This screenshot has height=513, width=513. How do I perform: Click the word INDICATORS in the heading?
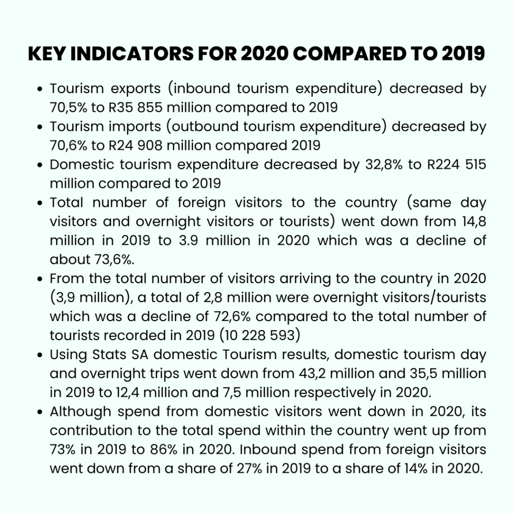point(132,54)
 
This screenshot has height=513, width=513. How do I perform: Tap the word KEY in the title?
point(47,54)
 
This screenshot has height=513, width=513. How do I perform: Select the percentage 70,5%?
point(68,108)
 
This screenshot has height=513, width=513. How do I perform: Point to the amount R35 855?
point(135,108)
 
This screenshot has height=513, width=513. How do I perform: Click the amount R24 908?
point(135,146)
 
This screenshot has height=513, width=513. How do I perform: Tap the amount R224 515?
point(457,164)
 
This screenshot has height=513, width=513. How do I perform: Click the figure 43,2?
point(312,373)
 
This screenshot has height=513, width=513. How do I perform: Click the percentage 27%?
point(249,468)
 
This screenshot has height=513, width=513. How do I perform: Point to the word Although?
point(81,412)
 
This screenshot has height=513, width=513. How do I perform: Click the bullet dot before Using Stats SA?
point(40,355)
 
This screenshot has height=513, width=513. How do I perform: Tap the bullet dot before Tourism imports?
point(40,127)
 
